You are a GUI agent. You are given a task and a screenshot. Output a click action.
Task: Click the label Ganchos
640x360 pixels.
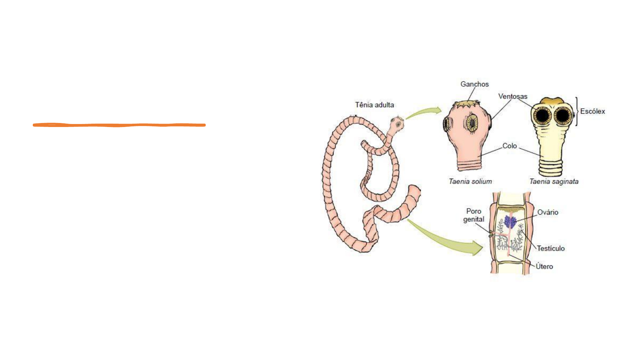point(474,84)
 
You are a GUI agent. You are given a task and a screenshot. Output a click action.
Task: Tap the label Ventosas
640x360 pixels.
point(513,96)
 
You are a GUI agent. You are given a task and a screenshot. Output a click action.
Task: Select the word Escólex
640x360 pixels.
point(592,111)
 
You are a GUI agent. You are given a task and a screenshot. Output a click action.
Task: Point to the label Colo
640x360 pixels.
point(509,146)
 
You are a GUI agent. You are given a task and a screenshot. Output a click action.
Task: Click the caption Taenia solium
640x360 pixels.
point(470,181)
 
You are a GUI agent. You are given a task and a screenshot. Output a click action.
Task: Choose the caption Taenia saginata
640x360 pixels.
point(554,181)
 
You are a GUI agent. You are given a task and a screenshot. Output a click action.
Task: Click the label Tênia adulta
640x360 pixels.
point(374,105)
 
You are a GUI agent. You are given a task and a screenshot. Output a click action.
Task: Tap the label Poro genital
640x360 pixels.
point(474,215)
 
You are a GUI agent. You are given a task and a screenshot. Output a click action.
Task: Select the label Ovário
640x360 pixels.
point(548,212)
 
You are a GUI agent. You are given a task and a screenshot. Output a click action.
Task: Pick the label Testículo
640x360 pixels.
point(551,248)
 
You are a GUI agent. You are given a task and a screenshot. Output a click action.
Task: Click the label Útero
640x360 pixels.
point(544,266)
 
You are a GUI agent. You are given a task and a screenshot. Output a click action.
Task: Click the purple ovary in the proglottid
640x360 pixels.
point(510,222)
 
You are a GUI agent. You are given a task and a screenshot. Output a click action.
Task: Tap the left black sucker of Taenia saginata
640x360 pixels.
point(542,116)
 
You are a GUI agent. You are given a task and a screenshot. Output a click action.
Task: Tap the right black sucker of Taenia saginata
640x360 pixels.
point(563,116)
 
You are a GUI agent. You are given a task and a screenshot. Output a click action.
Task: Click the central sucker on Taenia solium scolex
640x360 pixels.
point(472,122)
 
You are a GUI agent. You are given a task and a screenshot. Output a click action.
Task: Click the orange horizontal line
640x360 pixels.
point(119,125)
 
